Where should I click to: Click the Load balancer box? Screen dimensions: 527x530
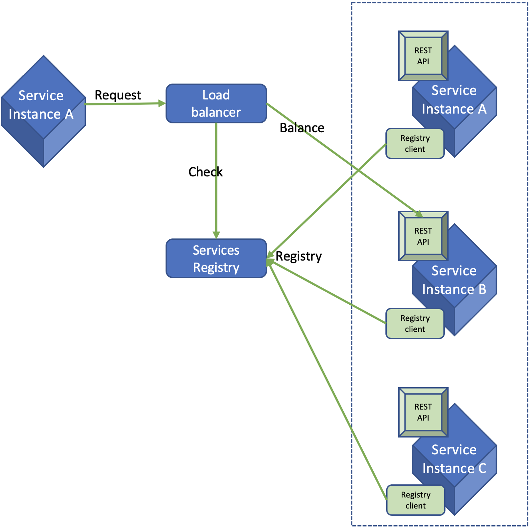(x=216, y=103)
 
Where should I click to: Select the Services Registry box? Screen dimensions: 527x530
(x=216, y=258)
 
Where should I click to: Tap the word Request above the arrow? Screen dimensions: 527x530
(x=118, y=95)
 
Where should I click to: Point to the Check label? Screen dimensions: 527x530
(x=205, y=172)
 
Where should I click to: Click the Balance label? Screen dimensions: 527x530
(x=302, y=128)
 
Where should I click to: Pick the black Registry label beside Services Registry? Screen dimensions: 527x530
(x=298, y=256)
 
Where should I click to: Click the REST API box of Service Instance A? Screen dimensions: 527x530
(x=423, y=56)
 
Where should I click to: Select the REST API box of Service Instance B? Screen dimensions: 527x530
(x=423, y=236)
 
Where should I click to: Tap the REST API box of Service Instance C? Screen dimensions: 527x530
(x=423, y=412)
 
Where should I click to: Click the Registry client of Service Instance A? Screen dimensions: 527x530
(x=415, y=143)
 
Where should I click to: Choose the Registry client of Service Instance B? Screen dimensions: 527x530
(x=415, y=324)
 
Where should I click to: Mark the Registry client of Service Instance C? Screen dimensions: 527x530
(x=415, y=500)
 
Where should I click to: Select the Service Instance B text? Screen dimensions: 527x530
(x=454, y=280)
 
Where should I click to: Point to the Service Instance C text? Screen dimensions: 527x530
(x=454, y=459)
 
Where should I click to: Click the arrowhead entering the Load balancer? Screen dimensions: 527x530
(x=162, y=103)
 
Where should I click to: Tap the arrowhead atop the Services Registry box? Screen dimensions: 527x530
(x=216, y=235)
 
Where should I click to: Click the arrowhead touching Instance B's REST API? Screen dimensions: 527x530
(x=419, y=214)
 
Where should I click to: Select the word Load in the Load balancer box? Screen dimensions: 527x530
(x=216, y=95)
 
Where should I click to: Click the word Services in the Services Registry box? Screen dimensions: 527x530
(x=216, y=250)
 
